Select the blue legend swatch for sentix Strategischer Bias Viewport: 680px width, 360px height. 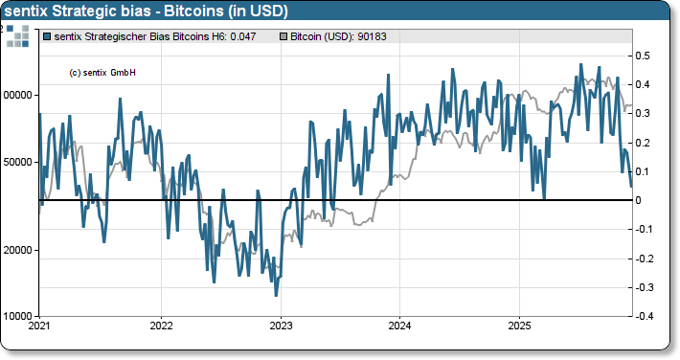tap(48, 35)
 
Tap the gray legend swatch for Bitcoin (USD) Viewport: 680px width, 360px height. tap(283, 35)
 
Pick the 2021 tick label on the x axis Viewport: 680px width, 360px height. tap(39, 326)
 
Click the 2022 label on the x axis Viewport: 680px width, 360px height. tap(161, 326)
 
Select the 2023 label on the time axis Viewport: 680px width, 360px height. tap(280, 326)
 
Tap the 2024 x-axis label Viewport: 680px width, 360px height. tap(399, 326)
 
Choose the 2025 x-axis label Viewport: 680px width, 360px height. tap(518, 326)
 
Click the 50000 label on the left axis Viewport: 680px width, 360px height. tap(18, 162)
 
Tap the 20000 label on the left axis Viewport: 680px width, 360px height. tap(18, 249)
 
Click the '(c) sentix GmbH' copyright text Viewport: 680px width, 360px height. tap(103, 73)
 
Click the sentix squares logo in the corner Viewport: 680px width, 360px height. tap(17, 36)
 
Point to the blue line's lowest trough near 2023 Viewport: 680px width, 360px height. tap(276, 295)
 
